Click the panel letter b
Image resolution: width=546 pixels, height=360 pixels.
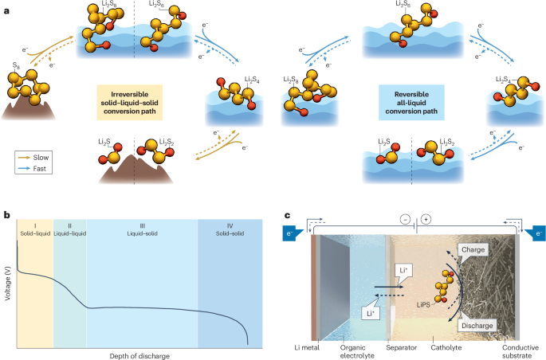[x=7, y=214]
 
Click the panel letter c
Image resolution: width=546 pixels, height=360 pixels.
[x=289, y=214]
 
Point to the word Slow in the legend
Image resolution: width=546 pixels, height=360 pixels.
[x=43, y=158]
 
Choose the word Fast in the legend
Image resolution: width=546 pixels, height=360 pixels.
[x=42, y=169]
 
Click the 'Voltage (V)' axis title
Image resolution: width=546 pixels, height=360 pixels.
[x=8, y=283]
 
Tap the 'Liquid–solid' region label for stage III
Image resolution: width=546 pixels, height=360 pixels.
[x=142, y=234]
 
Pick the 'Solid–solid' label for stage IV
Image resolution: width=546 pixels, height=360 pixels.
[x=234, y=234]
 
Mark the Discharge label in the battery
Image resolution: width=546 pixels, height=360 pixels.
[x=477, y=326]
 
